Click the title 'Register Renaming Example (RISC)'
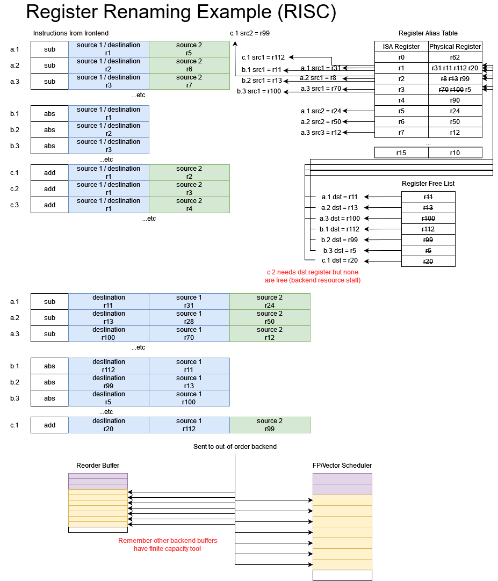pyautogui.click(x=181, y=13)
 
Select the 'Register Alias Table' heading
pyautogui.click(x=428, y=33)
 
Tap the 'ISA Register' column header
pyautogui.click(x=401, y=47)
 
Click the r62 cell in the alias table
pyautogui.click(x=454, y=57)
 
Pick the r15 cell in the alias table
pyautogui.click(x=401, y=153)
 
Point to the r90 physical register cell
pyautogui.click(x=454, y=100)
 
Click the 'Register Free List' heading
pyautogui.click(x=428, y=184)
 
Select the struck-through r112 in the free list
pyautogui.click(x=428, y=229)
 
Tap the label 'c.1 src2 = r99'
pyautogui.click(x=250, y=33)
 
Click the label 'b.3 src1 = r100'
pyautogui.click(x=259, y=91)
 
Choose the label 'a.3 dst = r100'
pyautogui.click(x=340, y=219)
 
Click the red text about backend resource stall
pyautogui.click(x=313, y=276)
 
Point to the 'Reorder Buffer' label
pyautogui.click(x=98, y=466)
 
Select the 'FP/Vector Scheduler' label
pyautogui.click(x=342, y=466)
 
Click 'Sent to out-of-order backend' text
pyautogui.click(x=235, y=447)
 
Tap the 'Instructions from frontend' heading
pyautogui.click(x=70, y=33)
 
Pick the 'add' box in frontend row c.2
pyautogui.click(x=49, y=189)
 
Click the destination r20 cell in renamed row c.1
pyautogui.click(x=109, y=425)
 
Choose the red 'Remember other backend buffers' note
pyautogui.click(x=168, y=544)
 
